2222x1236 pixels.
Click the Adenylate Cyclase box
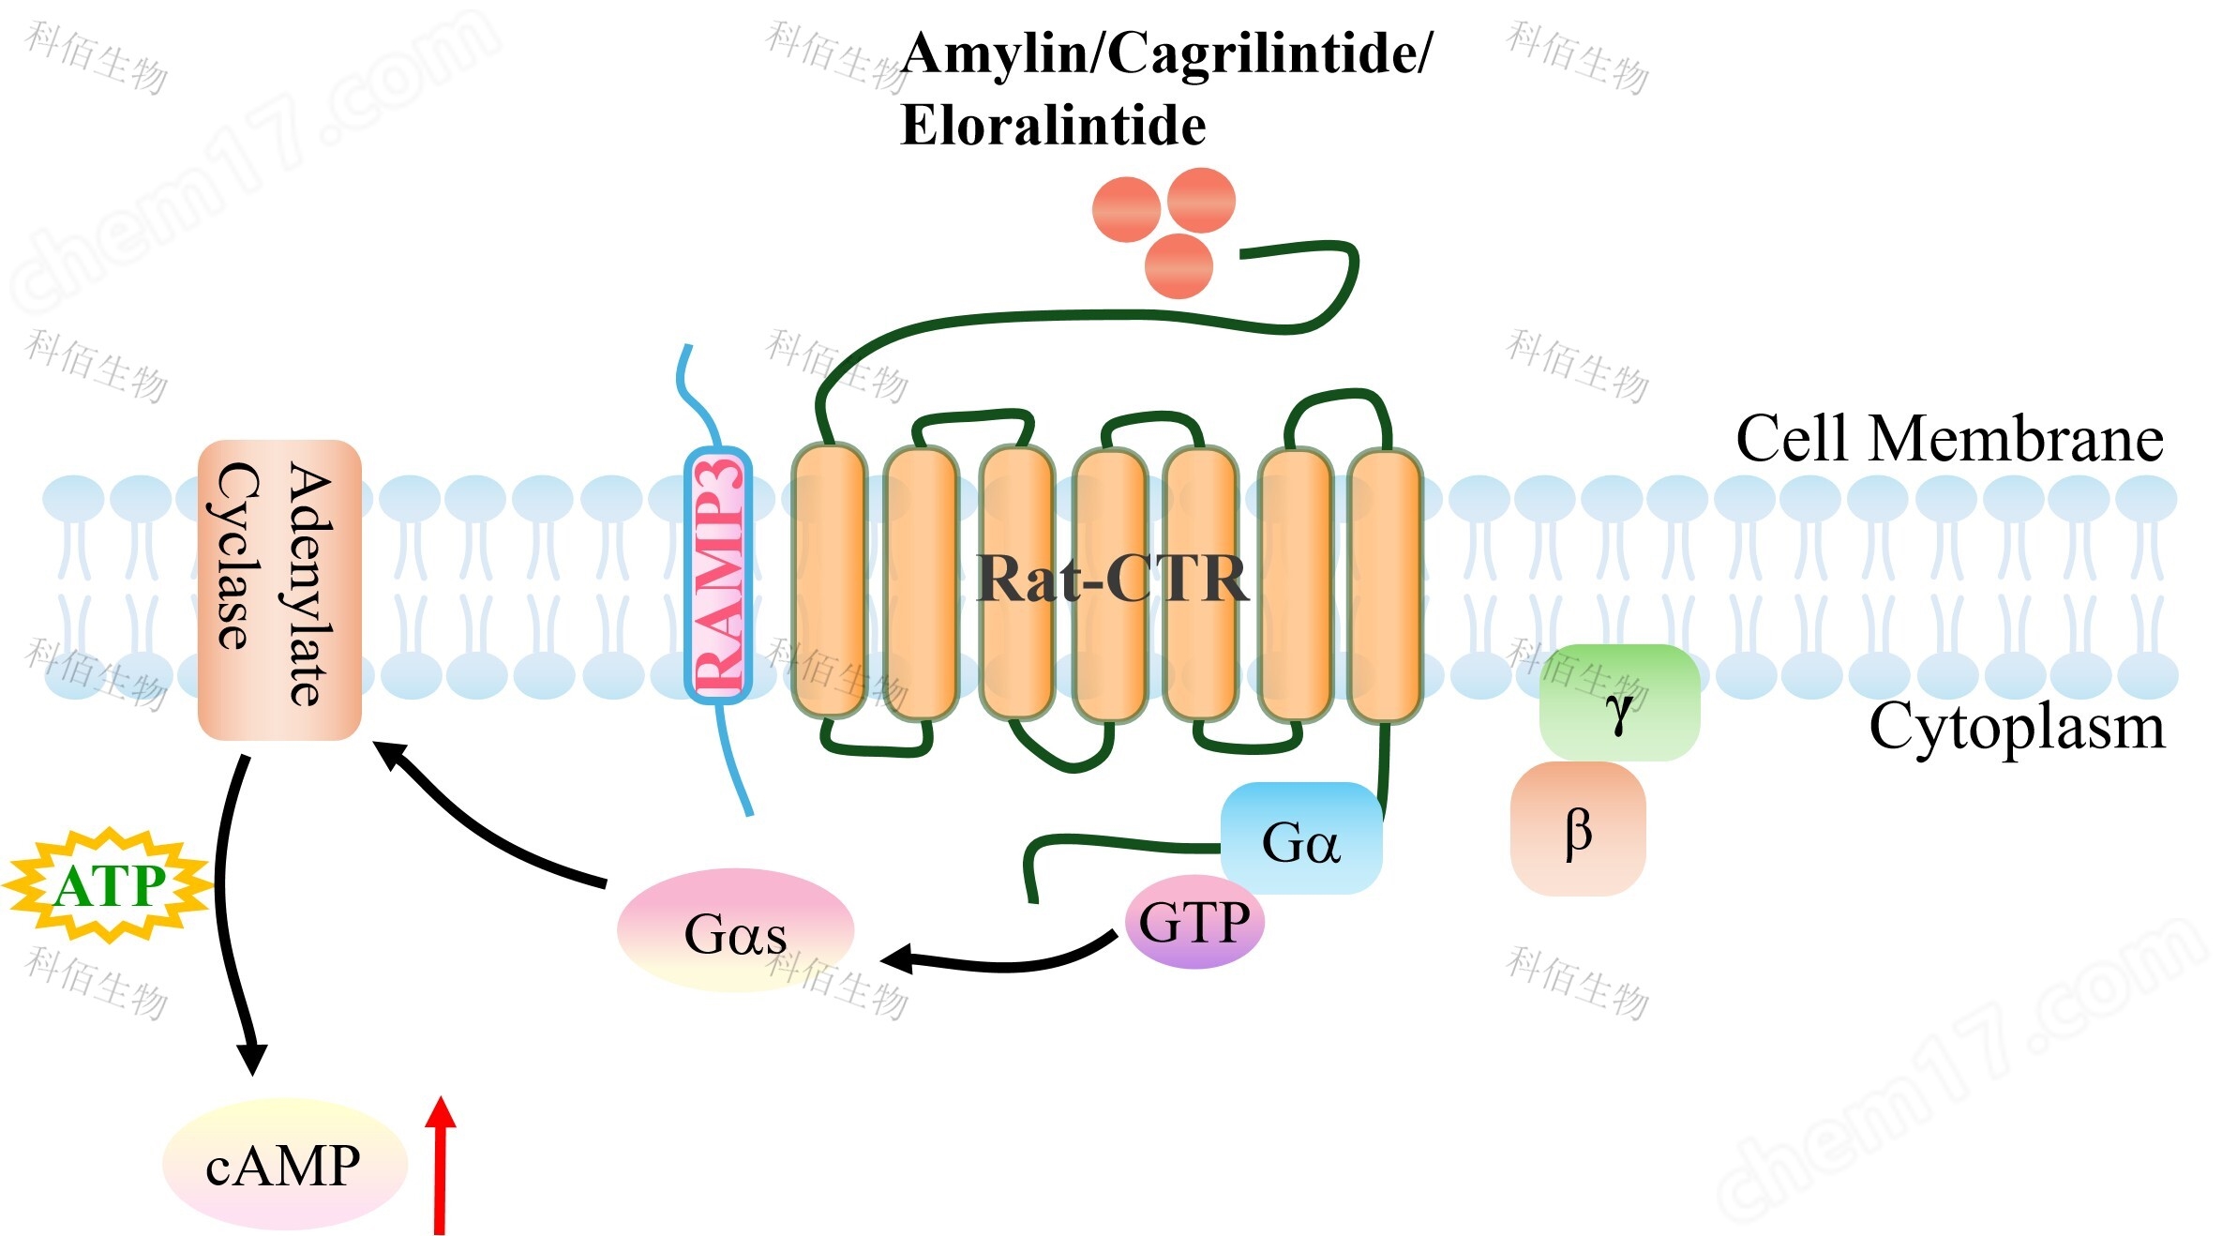click(x=279, y=589)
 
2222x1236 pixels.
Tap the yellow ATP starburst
click(x=109, y=885)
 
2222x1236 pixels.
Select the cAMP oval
click(x=284, y=1165)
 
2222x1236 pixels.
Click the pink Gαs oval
click(x=735, y=931)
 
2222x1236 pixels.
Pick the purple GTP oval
click(x=1194, y=921)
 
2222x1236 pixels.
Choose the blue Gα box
click(x=1300, y=838)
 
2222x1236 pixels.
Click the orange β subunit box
click(x=1578, y=829)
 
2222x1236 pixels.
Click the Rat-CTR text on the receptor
click(x=1112, y=579)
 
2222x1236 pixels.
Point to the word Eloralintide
click(x=1053, y=126)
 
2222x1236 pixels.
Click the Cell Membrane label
click(x=1949, y=439)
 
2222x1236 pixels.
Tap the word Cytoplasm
click(x=2017, y=728)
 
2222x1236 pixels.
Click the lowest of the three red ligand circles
click(x=1179, y=266)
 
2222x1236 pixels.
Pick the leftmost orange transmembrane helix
click(x=829, y=580)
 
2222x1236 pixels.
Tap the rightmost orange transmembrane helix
click(x=1385, y=586)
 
